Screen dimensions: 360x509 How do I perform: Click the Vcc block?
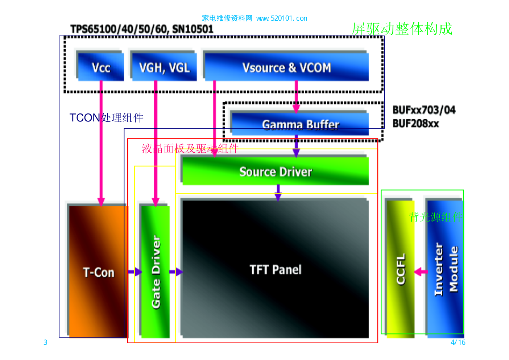[100, 67]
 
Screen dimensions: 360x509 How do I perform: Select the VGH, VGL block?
[164, 67]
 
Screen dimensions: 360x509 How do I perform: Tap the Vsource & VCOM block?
[286, 67]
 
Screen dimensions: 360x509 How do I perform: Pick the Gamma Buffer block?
[300, 124]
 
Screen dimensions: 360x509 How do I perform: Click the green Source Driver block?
[276, 171]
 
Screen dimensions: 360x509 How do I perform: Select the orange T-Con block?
[98, 272]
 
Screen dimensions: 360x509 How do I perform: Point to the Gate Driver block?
[156, 272]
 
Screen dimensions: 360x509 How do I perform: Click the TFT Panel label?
[276, 270]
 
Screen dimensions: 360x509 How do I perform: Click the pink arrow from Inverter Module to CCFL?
[421, 272]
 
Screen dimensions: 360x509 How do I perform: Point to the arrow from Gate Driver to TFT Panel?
[176, 272]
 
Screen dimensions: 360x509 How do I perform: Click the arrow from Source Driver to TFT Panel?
[278, 193]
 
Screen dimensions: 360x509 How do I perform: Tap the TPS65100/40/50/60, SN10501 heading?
[142, 29]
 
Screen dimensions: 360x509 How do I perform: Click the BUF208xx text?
[415, 124]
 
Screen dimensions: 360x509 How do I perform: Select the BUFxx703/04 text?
[424, 110]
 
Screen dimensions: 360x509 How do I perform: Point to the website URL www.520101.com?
[282, 18]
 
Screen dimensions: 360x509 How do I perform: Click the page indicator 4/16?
[458, 342]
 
